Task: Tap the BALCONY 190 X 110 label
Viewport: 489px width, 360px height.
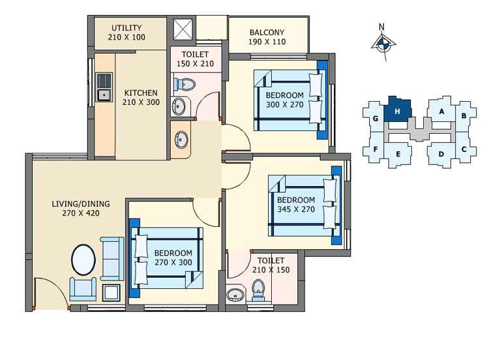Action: click(x=267, y=37)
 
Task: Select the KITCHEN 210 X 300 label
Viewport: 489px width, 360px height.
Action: click(x=140, y=97)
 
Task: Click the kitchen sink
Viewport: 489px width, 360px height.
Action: click(x=104, y=87)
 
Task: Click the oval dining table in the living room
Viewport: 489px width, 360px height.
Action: click(x=83, y=260)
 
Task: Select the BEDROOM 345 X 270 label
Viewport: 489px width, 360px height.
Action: click(x=296, y=205)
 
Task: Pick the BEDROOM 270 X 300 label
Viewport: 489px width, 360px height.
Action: click(x=173, y=258)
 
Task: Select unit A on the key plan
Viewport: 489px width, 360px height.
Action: click(x=441, y=111)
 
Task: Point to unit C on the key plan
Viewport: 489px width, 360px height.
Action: click(x=463, y=149)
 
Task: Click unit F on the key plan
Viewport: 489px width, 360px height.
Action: click(x=376, y=149)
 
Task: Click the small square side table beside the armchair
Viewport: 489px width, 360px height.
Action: click(x=111, y=292)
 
